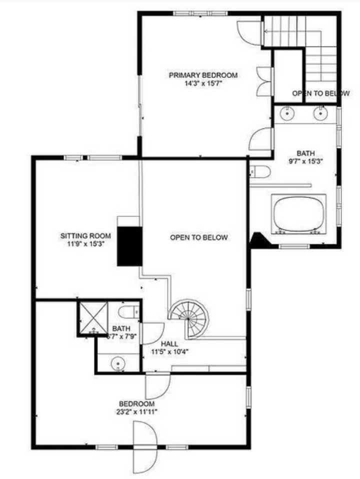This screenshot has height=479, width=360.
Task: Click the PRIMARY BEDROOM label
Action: (202, 75)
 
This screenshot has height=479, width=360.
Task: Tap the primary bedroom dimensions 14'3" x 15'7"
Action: (202, 83)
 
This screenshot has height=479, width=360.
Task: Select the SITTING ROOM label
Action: (82, 235)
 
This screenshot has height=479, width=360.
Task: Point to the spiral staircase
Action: (188, 318)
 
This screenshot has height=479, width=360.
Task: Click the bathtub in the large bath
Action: (298, 213)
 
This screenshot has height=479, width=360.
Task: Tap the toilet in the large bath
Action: (260, 172)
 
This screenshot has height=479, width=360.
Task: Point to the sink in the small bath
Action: (118, 361)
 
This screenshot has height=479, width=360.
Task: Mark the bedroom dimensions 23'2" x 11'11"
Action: (136, 412)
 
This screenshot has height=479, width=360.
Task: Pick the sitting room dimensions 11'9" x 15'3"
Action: (82, 243)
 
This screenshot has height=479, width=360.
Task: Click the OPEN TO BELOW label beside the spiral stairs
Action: (198, 237)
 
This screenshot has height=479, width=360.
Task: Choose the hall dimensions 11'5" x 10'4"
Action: (169, 351)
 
